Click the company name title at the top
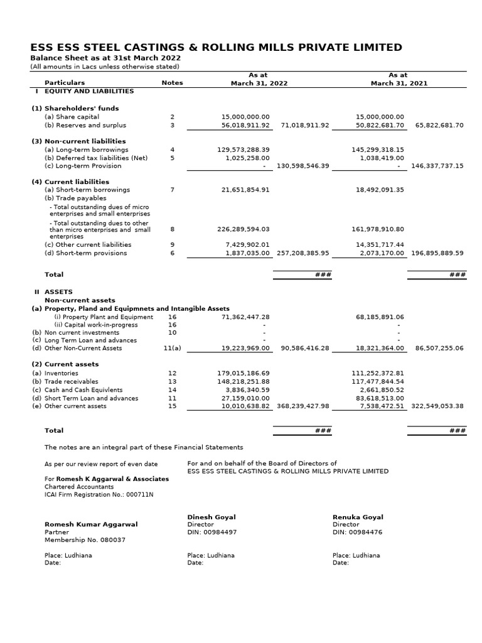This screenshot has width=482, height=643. (x=217, y=48)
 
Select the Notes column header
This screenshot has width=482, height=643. (x=172, y=83)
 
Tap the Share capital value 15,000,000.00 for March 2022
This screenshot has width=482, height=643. (x=245, y=117)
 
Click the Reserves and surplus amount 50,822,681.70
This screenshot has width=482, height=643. (x=380, y=125)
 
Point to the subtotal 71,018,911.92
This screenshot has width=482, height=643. (x=305, y=125)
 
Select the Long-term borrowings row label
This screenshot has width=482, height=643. (x=86, y=149)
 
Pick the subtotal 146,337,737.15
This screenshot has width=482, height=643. (x=437, y=166)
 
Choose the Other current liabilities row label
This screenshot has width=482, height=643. (x=88, y=245)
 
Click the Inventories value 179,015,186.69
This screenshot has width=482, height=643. (x=244, y=373)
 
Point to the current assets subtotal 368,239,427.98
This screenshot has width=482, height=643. (x=303, y=406)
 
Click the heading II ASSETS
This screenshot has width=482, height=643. (x=53, y=292)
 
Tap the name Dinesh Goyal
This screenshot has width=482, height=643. (x=212, y=517)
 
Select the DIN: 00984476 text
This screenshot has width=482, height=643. (x=357, y=532)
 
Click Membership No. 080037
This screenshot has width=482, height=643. (x=85, y=539)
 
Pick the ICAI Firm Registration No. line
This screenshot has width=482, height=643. (x=99, y=494)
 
